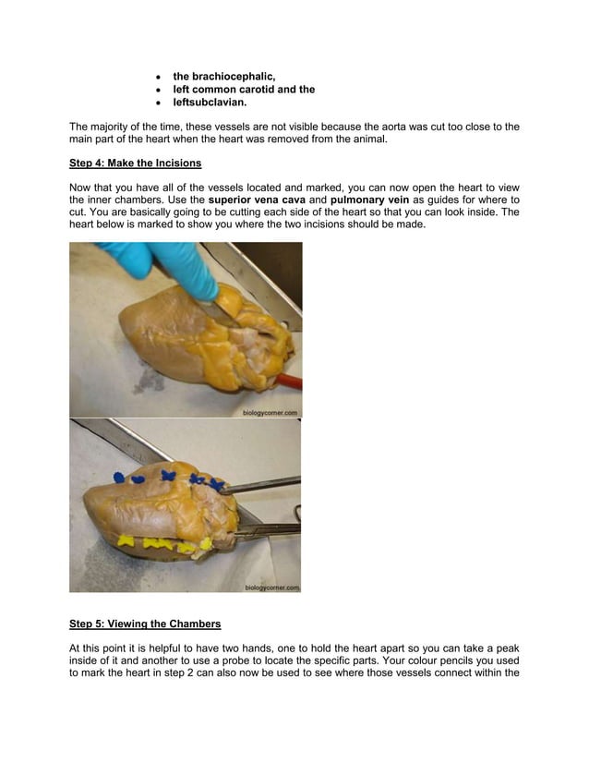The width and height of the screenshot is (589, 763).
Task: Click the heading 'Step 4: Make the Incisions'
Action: pyautogui.click(x=135, y=163)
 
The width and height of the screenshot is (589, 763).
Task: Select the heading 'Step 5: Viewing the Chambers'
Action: pyautogui.click(x=145, y=624)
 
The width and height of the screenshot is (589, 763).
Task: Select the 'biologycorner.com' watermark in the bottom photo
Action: pyautogui.click(x=271, y=587)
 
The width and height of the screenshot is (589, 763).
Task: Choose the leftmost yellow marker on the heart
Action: pyautogui.click(x=141, y=540)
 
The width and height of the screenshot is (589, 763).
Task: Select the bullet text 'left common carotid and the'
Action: pyautogui.click(x=244, y=90)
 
